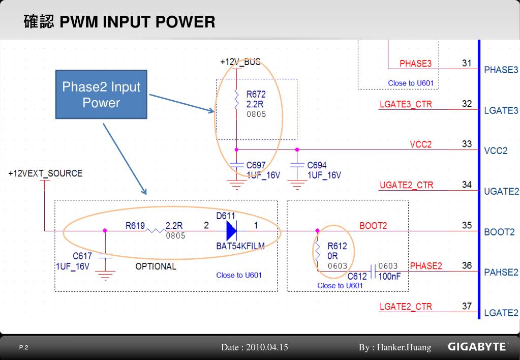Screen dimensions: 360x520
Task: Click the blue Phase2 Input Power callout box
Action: pyautogui.click(x=101, y=95)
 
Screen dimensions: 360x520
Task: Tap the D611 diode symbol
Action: pyautogui.click(x=231, y=230)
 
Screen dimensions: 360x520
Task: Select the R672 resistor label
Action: pyautogui.click(x=256, y=94)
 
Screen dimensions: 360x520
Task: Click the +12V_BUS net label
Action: pyautogui.click(x=240, y=62)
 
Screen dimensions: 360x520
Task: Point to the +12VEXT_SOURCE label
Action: pyautogui.click(x=45, y=173)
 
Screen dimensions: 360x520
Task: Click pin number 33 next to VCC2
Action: pyautogui.click(x=467, y=144)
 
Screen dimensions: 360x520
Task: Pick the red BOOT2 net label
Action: pyautogui.click(x=373, y=226)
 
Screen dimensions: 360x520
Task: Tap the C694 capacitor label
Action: pyautogui.click(x=317, y=165)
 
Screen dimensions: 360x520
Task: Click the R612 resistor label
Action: pyautogui.click(x=337, y=246)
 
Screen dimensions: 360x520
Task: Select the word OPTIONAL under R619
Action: pyautogui.click(x=156, y=266)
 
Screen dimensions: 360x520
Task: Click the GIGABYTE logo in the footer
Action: pyautogui.click(x=477, y=347)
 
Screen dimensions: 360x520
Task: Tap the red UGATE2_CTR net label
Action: pyautogui.click(x=406, y=185)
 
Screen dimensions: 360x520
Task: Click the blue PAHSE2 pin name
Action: pyautogui.click(x=501, y=273)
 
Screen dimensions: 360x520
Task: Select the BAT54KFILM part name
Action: pyautogui.click(x=240, y=247)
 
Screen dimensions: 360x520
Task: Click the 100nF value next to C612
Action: pyautogui.click(x=389, y=277)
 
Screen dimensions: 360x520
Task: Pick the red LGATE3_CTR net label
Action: pyautogui.click(x=406, y=104)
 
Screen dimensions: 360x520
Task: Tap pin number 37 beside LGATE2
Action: pyautogui.click(x=467, y=306)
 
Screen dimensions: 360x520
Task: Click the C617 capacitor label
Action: pyautogui.click(x=82, y=256)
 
